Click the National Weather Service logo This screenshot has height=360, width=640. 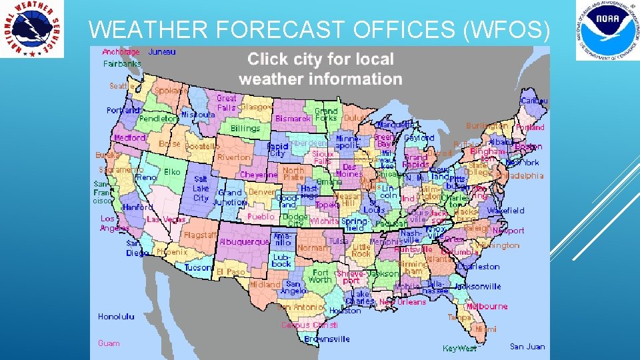coord(32,29)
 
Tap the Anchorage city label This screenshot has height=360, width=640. coord(121,51)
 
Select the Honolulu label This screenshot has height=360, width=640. coord(116,317)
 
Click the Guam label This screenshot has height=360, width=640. coord(109,343)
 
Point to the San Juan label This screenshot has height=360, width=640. coord(527,346)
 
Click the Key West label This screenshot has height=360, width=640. coord(459,348)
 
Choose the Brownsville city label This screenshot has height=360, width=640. coord(327,339)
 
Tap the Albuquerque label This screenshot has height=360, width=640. coord(244,241)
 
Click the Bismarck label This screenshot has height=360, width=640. coord(293,119)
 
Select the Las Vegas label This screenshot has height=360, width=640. coord(166,219)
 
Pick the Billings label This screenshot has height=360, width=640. coord(245,128)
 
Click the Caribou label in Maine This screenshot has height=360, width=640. coord(534,101)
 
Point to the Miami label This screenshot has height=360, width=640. coord(485,329)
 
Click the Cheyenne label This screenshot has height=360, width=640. coord(259,175)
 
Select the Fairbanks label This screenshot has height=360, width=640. coord(122,64)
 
